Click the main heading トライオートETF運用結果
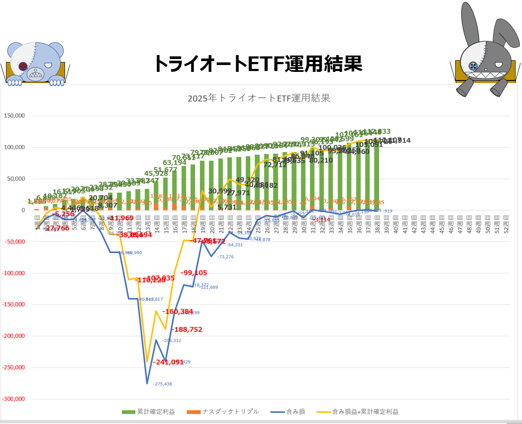[x=258, y=64]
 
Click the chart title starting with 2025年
[x=259, y=98]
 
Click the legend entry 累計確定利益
[x=149, y=412]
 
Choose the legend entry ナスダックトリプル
[x=223, y=412]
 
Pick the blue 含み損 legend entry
[x=288, y=412]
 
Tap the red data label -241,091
[x=168, y=362]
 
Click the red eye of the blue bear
[x=23, y=66]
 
